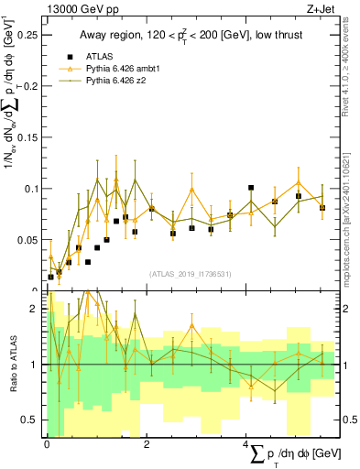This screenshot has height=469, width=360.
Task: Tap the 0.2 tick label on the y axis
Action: pyautogui.click(x=30, y=86)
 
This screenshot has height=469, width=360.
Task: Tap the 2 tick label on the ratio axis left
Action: pyautogui.click(x=34, y=309)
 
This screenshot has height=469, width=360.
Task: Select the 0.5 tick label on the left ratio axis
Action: pyautogui.click(x=30, y=420)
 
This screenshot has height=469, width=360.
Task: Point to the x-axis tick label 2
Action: pyautogui.click(x=148, y=444)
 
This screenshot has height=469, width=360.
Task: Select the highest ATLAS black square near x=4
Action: pyautogui.click(x=251, y=188)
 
